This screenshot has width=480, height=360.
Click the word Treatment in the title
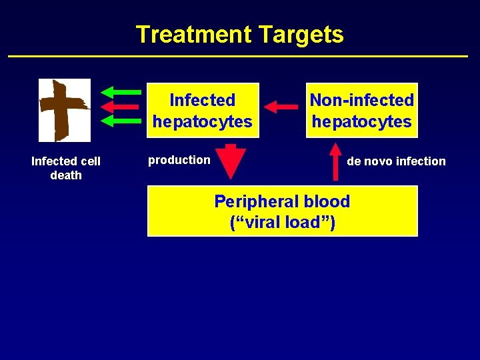[187, 34]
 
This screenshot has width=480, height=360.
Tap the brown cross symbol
[64, 110]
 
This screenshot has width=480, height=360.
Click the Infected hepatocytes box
[202, 110]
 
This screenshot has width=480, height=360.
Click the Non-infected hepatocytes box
[361, 110]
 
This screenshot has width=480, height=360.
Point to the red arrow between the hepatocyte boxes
[281, 106]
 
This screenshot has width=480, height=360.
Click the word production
[179, 160]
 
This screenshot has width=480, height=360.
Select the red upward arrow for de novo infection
[335, 161]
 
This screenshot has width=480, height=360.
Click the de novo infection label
[396, 161]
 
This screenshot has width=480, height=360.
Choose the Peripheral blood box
[282, 211]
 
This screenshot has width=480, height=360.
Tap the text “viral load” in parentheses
[282, 223]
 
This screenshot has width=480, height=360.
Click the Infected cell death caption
[66, 168]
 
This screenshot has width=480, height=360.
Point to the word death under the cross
[66, 175]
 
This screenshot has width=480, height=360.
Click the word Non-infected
[361, 100]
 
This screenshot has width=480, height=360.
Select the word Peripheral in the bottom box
[255, 201]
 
